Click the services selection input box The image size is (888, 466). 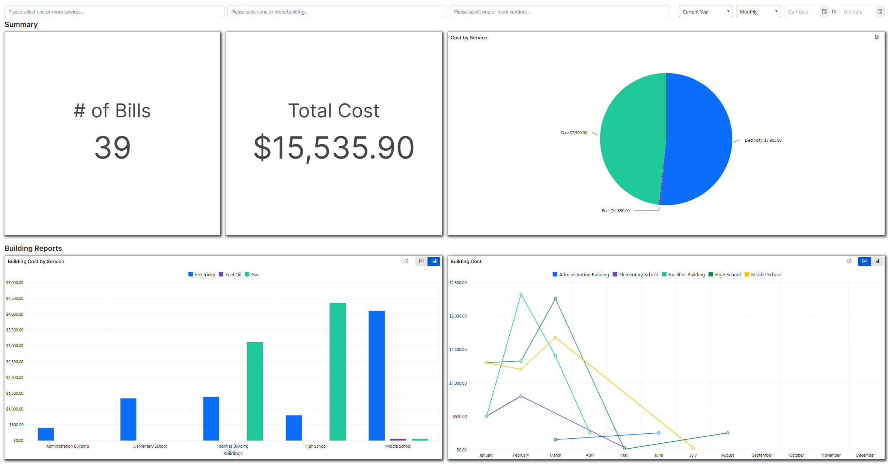click(x=114, y=12)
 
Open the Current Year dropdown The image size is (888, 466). click(x=705, y=12)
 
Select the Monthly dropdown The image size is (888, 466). click(x=758, y=12)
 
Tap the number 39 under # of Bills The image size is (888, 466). click(x=112, y=148)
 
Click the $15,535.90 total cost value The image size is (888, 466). click(x=334, y=148)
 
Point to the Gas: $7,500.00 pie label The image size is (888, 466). click(x=574, y=133)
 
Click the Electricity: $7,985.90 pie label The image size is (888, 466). click(x=763, y=140)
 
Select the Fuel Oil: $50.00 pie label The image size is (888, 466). click(x=616, y=211)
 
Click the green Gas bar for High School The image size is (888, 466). click(x=337, y=371)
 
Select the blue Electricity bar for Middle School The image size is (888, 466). click(x=376, y=375)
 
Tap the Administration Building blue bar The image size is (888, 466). click(x=46, y=434)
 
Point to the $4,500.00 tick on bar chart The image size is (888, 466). click(x=15, y=298)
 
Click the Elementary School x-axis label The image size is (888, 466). click(x=150, y=446)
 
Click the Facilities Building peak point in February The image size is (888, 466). click(x=521, y=294)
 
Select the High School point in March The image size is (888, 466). click(x=555, y=299)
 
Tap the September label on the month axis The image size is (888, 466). click(x=762, y=455)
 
